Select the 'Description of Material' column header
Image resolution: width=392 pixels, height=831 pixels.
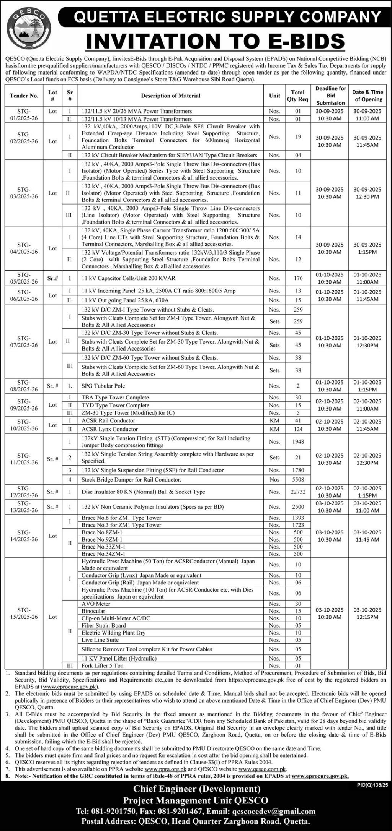tap(170, 96)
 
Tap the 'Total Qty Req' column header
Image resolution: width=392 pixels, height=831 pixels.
tap(297, 96)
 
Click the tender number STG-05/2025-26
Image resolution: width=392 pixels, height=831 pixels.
tap(24, 278)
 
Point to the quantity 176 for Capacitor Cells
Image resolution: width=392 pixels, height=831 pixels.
tap(298, 278)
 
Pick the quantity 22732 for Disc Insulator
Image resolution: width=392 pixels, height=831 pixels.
tap(298, 492)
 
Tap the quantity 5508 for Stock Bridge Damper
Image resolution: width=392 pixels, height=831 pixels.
tap(298, 479)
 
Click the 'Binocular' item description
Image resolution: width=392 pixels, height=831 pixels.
tap(93, 611)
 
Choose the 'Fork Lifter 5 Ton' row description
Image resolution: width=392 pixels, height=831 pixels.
tap(102, 665)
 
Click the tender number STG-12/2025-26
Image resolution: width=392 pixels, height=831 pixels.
tap(24, 492)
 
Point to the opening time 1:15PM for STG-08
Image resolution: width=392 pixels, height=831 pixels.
tap(367, 390)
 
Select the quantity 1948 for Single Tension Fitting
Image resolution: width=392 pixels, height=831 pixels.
tap(298, 441)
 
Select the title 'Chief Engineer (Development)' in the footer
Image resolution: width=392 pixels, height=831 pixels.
tap(197, 789)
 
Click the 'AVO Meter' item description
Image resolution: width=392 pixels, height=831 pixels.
tap(96, 604)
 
